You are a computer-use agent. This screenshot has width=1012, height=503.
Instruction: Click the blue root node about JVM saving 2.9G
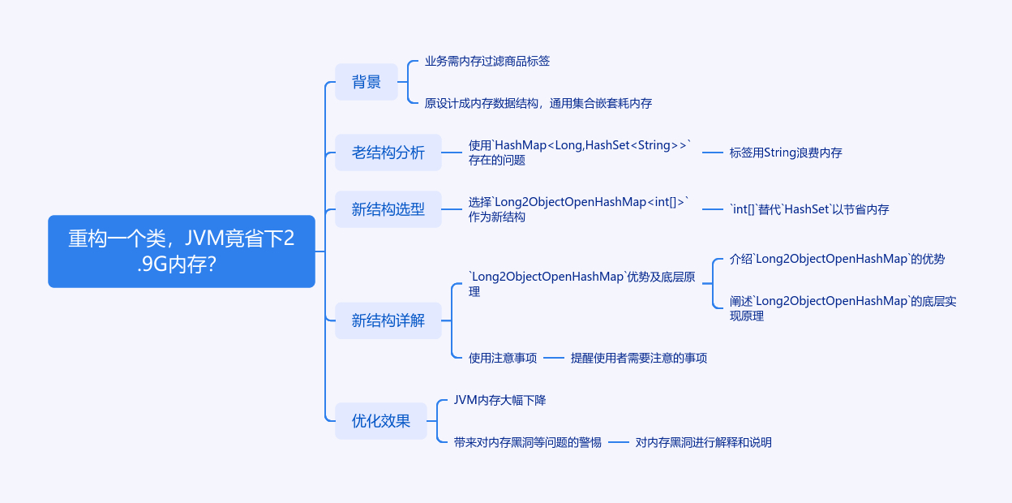click(x=181, y=251)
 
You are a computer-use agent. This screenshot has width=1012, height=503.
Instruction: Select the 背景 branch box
click(x=367, y=82)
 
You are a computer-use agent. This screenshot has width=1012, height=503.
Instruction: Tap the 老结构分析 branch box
click(x=388, y=153)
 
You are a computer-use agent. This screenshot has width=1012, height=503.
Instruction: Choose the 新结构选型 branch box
click(x=388, y=209)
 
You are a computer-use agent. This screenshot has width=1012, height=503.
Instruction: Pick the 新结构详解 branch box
click(x=388, y=320)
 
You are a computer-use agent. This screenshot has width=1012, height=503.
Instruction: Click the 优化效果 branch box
click(x=380, y=421)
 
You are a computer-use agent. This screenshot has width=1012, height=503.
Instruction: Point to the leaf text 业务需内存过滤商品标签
click(x=487, y=62)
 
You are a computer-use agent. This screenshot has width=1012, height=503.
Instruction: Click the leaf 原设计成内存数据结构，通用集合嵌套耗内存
click(x=538, y=103)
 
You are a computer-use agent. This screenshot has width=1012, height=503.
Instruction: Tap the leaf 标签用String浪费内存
click(x=785, y=153)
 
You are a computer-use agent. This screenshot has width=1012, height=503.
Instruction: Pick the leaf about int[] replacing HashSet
click(x=808, y=209)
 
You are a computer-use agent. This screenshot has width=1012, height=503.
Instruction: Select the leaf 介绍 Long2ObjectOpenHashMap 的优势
click(x=837, y=259)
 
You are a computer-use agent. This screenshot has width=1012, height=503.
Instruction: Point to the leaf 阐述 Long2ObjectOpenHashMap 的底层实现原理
click(x=843, y=308)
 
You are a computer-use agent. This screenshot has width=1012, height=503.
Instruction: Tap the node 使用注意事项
click(x=503, y=358)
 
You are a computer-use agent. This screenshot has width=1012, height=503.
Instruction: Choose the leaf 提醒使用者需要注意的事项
click(x=638, y=358)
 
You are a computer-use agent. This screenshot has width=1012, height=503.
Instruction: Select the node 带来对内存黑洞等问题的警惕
click(x=528, y=442)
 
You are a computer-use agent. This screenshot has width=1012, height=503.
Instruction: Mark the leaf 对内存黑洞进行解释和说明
click(x=703, y=442)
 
